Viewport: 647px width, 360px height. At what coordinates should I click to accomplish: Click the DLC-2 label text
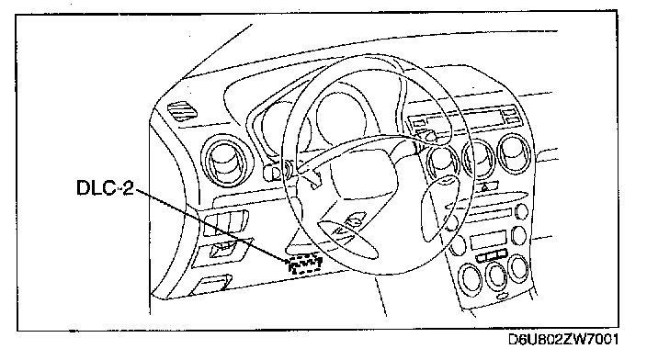tap(105, 187)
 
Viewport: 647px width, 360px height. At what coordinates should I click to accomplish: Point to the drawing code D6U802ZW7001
tap(563, 340)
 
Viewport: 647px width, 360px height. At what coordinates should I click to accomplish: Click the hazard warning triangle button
tap(487, 187)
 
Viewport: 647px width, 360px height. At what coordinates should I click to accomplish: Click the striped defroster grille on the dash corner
tap(182, 110)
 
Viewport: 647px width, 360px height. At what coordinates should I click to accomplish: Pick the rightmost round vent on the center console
tap(516, 153)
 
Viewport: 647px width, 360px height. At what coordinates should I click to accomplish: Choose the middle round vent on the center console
tap(478, 159)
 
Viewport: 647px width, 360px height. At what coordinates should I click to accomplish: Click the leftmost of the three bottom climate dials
tap(471, 279)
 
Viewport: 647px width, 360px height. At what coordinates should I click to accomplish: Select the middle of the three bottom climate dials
tap(495, 276)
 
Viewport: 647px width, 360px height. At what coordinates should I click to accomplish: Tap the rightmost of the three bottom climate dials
tap(518, 268)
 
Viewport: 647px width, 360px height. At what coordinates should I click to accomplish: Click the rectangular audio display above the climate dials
tap(489, 240)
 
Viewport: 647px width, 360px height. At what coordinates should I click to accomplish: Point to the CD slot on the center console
tap(489, 214)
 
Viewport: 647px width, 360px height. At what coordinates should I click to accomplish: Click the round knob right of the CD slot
tap(522, 211)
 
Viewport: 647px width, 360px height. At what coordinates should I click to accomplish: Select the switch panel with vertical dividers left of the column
tap(226, 223)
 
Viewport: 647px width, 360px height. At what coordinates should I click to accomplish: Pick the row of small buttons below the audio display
tap(492, 256)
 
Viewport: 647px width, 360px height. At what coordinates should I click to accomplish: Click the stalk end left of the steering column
tap(270, 172)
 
